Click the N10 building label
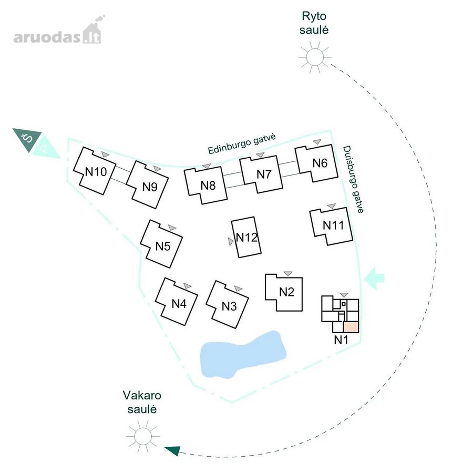point(96,172)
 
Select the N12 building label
point(247,238)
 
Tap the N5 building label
point(163,246)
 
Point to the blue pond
point(243,355)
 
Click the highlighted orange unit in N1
point(351,327)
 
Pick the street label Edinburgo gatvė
point(242,144)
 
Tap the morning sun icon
point(315,57)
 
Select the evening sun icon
point(142,436)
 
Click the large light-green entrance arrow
point(374,278)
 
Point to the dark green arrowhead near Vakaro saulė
point(172,451)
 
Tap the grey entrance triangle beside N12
point(231,242)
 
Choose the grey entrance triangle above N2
point(288,274)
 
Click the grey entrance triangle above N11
point(332,206)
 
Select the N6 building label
point(320,163)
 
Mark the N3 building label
point(229,306)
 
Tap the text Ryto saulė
point(314,23)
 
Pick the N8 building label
point(208,186)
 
